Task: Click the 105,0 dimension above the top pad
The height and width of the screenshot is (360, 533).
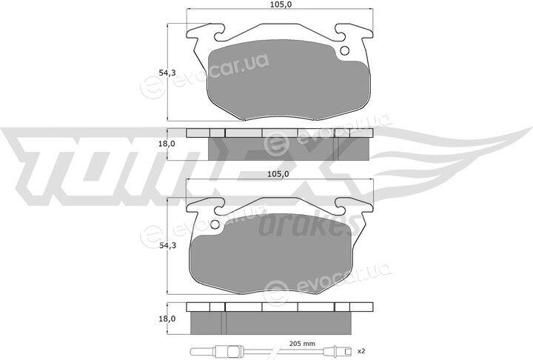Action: click(x=280, y=4)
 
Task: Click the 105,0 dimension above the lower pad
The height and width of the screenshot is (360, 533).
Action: click(x=278, y=174)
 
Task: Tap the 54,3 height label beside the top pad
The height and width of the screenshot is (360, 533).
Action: click(x=168, y=73)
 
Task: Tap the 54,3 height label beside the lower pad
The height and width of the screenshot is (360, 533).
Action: click(x=168, y=245)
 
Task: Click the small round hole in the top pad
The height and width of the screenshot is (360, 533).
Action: click(x=344, y=50)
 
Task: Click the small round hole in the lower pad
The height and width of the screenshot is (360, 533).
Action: click(x=215, y=224)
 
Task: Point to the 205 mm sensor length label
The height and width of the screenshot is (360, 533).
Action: click(x=302, y=343)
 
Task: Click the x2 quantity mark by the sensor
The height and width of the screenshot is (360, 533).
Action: click(x=361, y=350)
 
